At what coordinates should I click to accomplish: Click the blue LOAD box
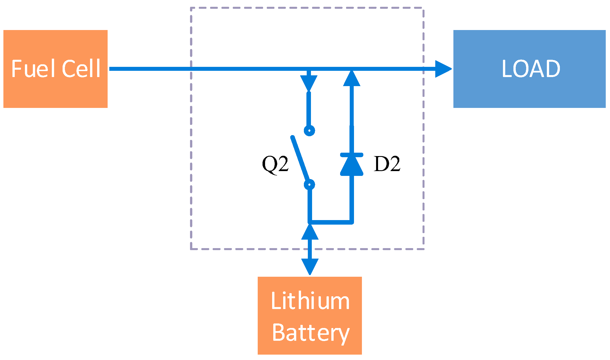click(x=529, y=69)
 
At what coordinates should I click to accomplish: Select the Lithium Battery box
click(x=310, y=315)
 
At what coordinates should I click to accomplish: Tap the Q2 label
click(x=275, y=164)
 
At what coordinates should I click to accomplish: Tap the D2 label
click(x=387, y=164)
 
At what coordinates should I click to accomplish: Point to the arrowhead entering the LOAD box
click(x=442, y=69)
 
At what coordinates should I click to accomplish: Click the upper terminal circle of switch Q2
click(x=309, y=131)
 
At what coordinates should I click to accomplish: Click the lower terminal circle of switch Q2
click(x=309, y=185)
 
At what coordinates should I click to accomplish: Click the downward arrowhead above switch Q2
click(x=309, y=83)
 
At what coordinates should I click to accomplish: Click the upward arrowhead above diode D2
click(x=352, y=79)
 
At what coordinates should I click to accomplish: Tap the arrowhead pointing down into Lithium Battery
click(x=310, y=266)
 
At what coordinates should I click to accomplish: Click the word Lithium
click(x=310, y=301)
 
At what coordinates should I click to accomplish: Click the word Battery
click(x=311, y=333)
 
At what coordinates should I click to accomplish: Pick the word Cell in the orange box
click(x=81, y=69)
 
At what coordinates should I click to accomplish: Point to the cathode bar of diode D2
click(x=352, y=155)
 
